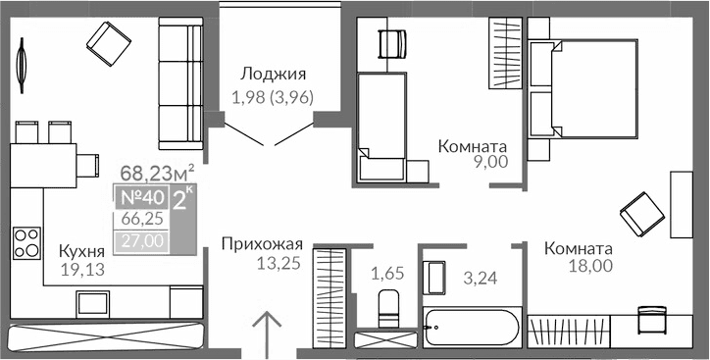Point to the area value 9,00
point(487,163)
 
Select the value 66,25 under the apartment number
point(142,220)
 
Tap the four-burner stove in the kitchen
point(26,240)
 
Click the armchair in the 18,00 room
point(638,210)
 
